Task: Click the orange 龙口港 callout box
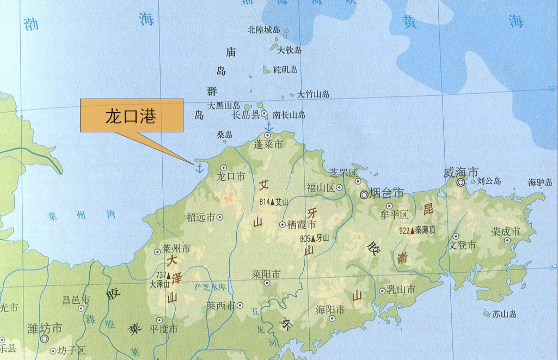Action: tap(131, 115)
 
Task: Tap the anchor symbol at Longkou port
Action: tap(199, 167)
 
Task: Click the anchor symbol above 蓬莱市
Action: tap(267, 125)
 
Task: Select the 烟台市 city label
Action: tap(386, 193)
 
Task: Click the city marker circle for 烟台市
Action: tap(364, 194)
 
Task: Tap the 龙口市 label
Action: tap(231, 176)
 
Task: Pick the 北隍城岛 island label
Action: tap(263, 30)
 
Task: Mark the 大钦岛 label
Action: tap(290, 50)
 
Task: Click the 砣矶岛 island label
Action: tap(285, 70)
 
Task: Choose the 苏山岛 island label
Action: tap(504, 314)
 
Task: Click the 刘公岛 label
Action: tap(489, 181)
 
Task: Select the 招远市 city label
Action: tap(200, 217)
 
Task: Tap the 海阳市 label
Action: tap(330, 309)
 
